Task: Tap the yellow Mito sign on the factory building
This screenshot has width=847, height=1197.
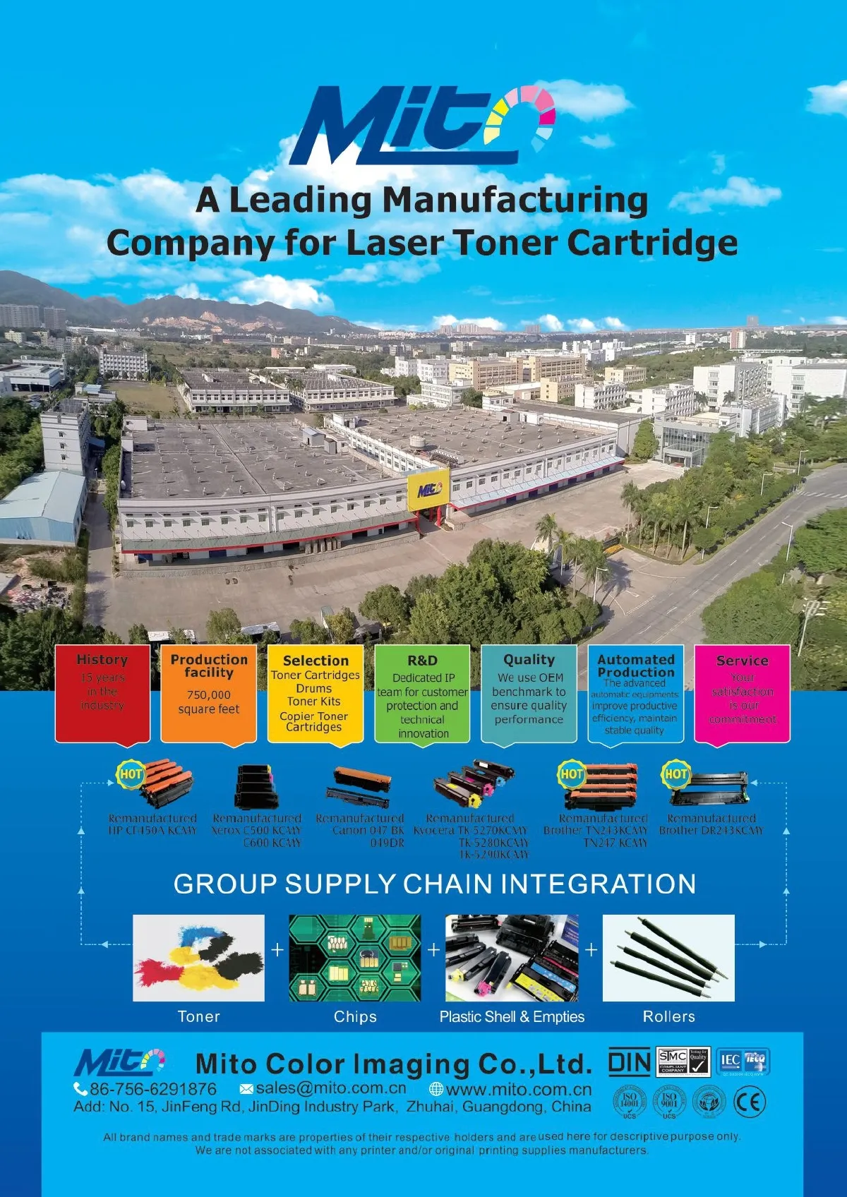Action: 428,489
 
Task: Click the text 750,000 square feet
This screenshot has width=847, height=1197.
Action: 209,702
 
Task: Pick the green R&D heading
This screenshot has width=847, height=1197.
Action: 422,661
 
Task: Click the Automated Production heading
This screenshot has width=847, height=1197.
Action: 636,666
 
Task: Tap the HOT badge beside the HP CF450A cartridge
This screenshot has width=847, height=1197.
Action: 131,774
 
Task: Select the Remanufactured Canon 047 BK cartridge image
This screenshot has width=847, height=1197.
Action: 361,786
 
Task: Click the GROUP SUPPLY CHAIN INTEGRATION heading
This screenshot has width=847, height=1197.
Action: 434,884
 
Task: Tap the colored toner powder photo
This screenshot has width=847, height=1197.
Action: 198,958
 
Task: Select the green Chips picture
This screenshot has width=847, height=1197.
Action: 354,958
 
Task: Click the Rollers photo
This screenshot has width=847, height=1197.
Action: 668,958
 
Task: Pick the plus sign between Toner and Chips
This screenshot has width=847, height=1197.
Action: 277,950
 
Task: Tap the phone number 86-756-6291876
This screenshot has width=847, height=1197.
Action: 152,1088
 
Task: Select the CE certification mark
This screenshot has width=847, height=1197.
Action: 750,1102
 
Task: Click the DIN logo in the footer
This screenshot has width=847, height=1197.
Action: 629,1062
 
